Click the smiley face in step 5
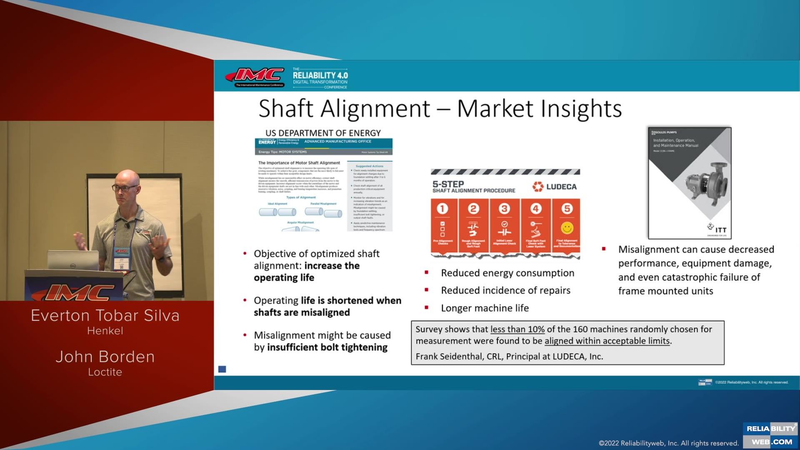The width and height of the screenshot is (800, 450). [x=567, y=228]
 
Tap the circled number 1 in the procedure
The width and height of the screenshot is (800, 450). [x=442, y=208]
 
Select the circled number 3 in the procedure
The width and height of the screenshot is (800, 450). [x=504, y=208]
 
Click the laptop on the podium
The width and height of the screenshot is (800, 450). [x=73, y=260]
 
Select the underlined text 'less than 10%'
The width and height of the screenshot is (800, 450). [x=517, y=329]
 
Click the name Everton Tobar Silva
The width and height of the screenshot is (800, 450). [x=105, y=315]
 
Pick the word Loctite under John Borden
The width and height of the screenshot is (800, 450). [x=105, y=372]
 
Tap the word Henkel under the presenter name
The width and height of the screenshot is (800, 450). [x=105, y=331]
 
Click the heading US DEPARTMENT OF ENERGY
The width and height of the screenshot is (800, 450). [x=323, y=133]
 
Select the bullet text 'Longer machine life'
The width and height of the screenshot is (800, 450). [x=485, y=308]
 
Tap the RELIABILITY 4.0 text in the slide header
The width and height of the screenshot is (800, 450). [x=320, y=75]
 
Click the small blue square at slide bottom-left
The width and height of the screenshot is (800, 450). [x=222, y=369]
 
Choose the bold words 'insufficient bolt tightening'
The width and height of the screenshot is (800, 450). [x=327, y=347]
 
